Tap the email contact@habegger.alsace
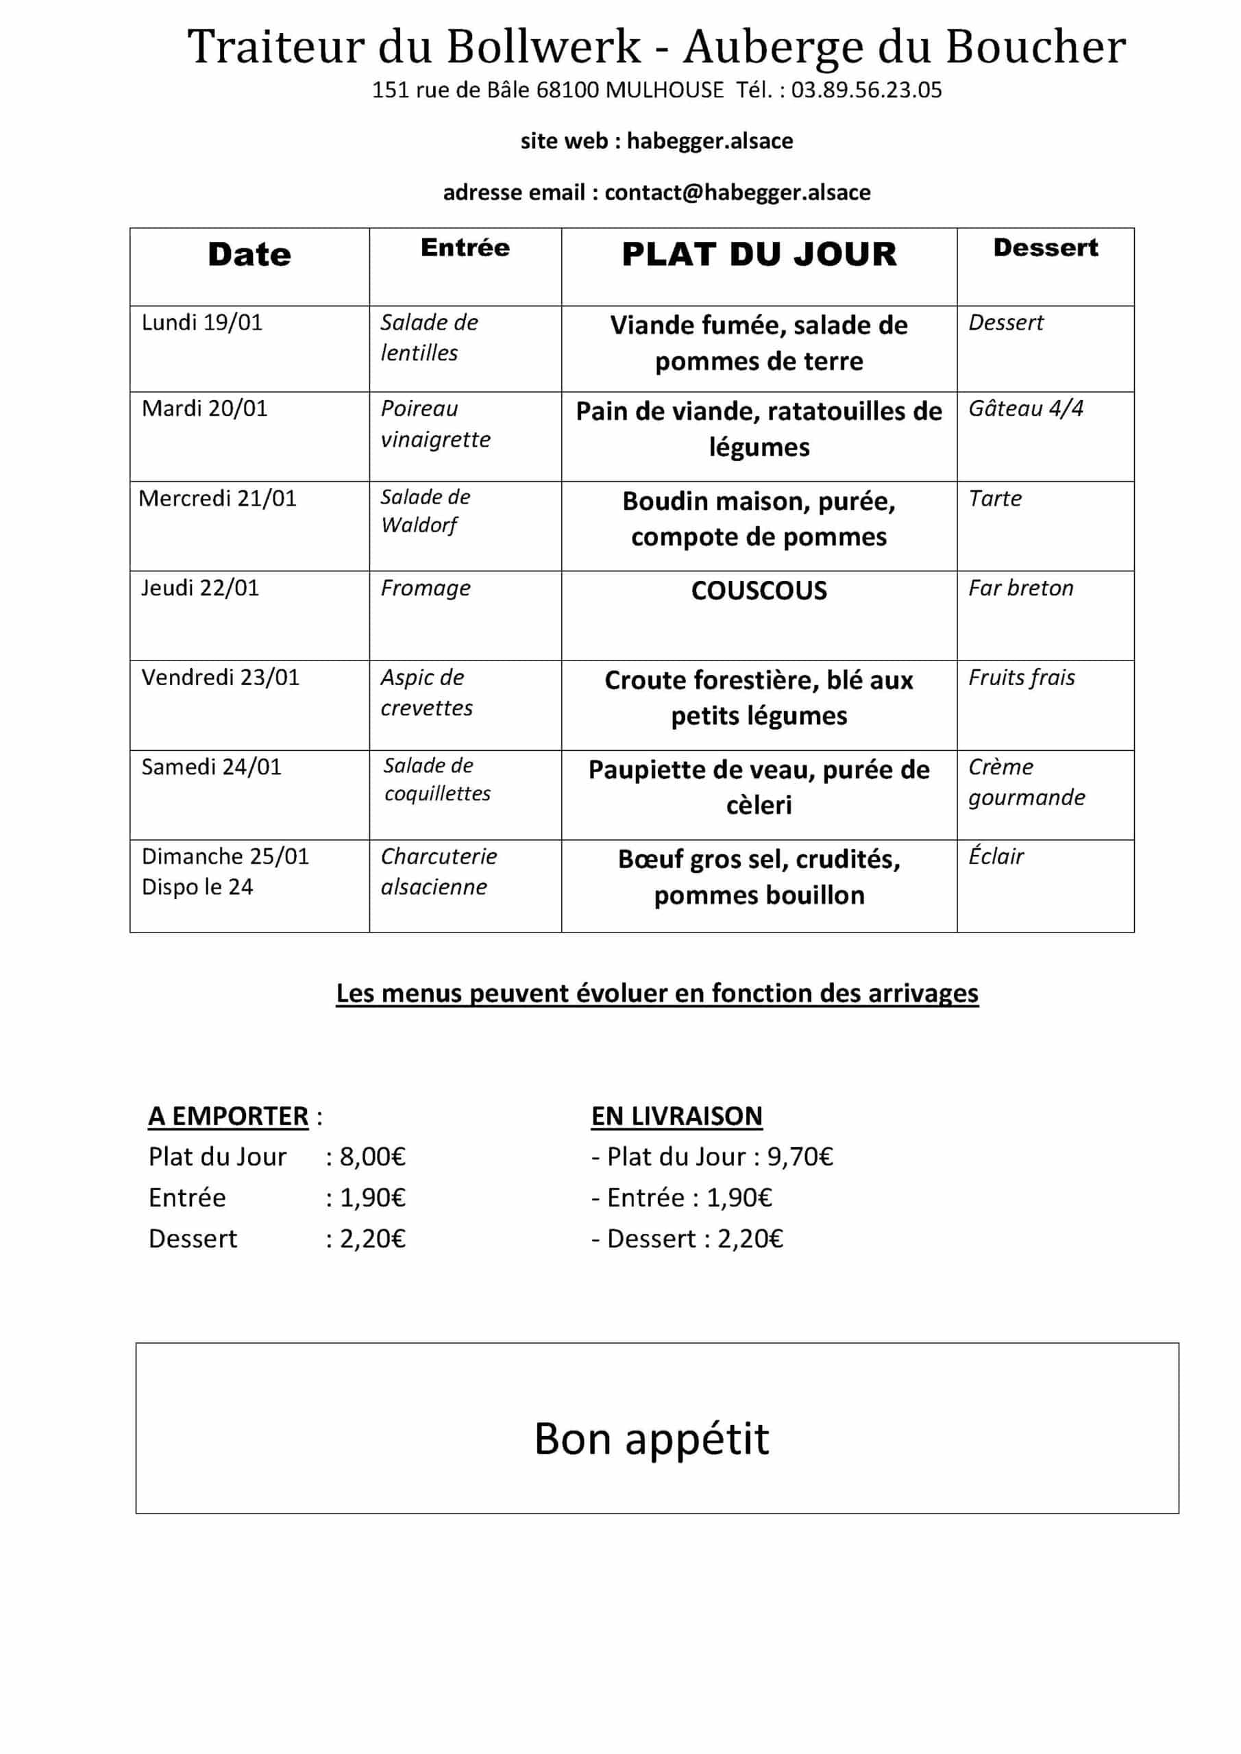[x=737, y=192]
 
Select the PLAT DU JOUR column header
[x=758, y=254]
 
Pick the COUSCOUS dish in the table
[x=758, y=591]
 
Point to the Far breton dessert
[x=1020, y=589]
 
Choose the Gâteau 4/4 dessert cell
[x=1026, y=409]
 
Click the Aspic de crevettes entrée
[x=426, y=692]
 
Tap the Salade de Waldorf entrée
[x=425, y=511]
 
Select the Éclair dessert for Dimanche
[x=996, y=856]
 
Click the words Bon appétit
[x=651, y=1440]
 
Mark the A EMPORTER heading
[x=228, y=1116]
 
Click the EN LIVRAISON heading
[x=676, y=1116]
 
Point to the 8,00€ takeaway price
[x=372, y=1157]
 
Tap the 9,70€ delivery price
[x=799, y=1157]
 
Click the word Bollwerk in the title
[x=543, y=47]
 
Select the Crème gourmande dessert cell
[x=1026, y=782]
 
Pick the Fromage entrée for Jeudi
[x=425, y=589]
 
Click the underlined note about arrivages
[x=656, y=993]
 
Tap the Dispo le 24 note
[x=197, y=887]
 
